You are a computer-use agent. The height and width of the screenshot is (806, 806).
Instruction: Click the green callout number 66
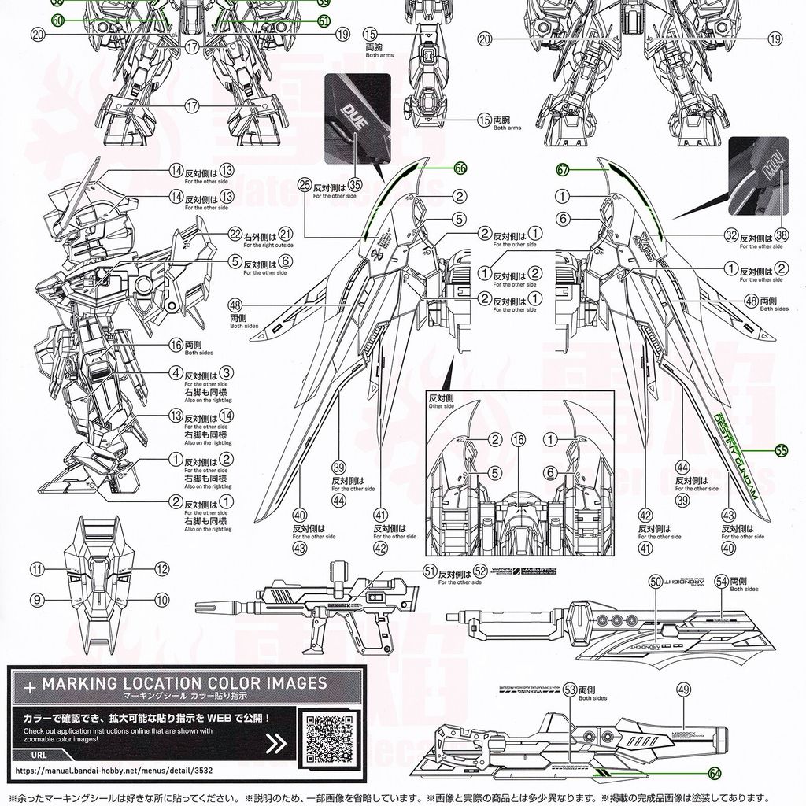point(460,168)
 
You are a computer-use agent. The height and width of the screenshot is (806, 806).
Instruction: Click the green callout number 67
point(562,168)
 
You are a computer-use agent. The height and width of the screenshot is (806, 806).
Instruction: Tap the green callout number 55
point(781,451)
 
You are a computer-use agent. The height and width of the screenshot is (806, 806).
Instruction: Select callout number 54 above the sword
point(721,580)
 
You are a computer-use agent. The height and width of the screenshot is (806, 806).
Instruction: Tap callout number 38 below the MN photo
point(781,234)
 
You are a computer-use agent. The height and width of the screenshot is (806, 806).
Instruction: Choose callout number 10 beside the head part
point(162,599)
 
